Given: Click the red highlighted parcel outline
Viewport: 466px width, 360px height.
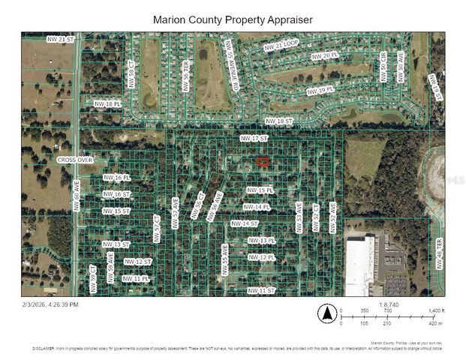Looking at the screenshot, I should pos(263,161).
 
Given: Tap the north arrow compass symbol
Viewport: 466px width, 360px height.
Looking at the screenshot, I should pos(326,313).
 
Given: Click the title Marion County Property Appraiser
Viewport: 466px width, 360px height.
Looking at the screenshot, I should pos(233,19).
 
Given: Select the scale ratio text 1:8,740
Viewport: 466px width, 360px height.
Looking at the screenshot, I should pos(389,304).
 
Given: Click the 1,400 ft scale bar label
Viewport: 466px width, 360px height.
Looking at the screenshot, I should pos(437,310).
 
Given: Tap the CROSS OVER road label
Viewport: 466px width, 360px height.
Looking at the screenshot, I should pos(74,160).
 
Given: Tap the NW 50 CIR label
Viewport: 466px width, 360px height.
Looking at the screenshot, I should pos(383,72).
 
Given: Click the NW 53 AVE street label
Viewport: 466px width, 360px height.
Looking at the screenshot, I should pos(299,217).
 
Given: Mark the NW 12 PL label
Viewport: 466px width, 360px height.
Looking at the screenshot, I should pos(262,257).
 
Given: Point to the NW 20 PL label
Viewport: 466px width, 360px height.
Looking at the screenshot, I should pos(325,55).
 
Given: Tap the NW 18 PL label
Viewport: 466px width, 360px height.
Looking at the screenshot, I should pos(107,103).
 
